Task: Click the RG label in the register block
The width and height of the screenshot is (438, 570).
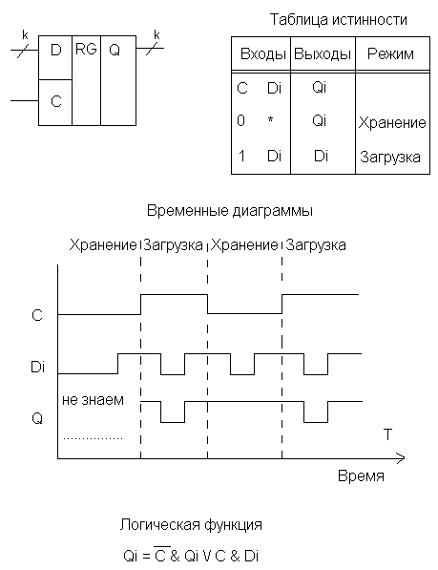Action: point(86,49)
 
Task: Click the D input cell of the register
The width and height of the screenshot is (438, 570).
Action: point(55,58)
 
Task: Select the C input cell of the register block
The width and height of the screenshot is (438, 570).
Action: point(55,102)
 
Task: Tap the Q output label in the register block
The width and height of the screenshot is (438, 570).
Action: point(115,51)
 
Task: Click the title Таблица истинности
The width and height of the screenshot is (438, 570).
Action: point(338,19)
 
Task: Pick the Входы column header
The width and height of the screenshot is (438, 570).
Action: point(263,54)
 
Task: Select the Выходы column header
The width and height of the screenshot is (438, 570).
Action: point(323,54)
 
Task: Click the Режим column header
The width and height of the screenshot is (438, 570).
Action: point(390,54)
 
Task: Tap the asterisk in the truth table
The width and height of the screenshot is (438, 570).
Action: point(271,119)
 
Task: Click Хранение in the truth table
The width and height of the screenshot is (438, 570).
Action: point(392,123)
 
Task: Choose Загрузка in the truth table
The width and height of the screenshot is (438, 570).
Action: point(390,157)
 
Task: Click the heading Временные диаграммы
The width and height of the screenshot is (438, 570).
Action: point(230,211)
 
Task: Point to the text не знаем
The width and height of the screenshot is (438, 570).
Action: point(93,400)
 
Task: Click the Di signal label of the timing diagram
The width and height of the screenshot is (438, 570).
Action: point(38,367)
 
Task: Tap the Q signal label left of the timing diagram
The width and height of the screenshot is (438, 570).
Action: point(37,419)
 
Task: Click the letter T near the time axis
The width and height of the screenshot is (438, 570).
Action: point(387,434)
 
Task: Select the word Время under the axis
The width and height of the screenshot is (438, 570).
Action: point(361,475)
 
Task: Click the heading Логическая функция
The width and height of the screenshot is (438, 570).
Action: point(191,525)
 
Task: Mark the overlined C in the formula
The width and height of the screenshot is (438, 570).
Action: point(160,555)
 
